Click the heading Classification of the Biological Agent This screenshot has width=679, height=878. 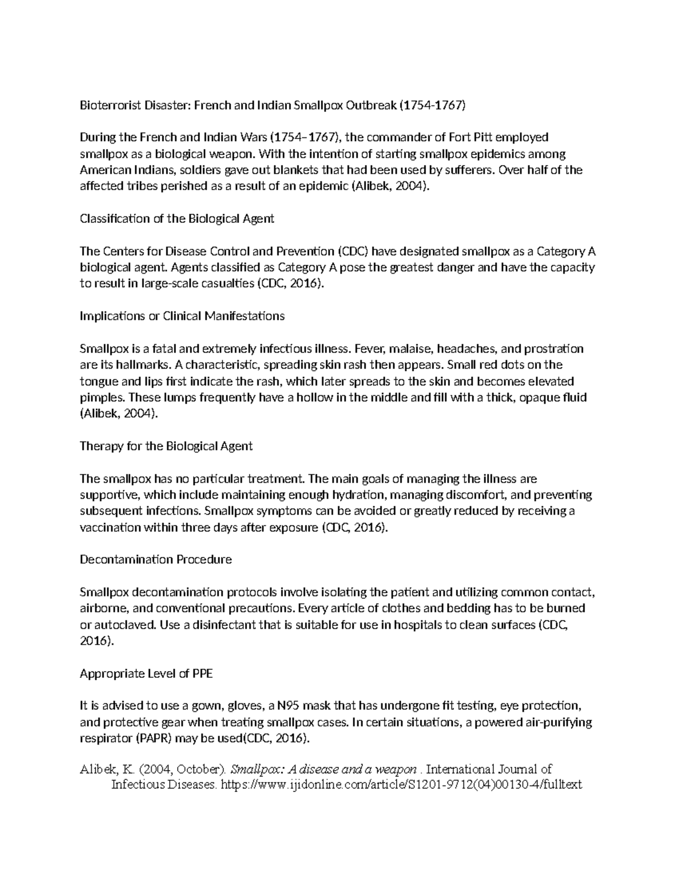(177, 219)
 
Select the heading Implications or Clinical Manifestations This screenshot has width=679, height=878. (182, 316)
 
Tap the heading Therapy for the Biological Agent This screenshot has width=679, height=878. (166, 446)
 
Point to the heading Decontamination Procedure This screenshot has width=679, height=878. (156, 560)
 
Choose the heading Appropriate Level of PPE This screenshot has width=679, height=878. (146, 673)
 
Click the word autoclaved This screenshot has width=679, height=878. (124, 625)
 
